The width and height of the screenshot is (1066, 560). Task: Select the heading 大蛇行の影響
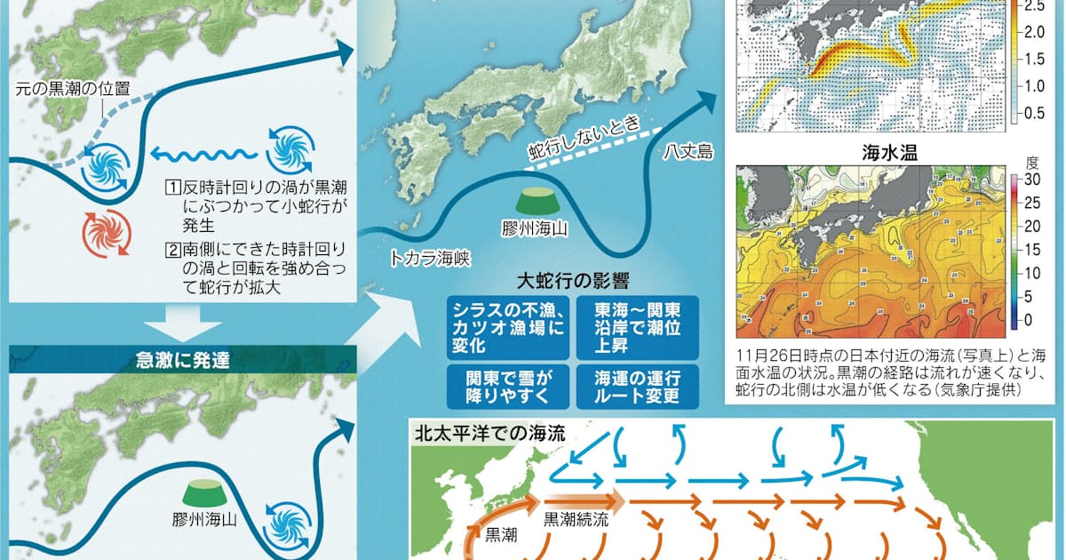[573, 282]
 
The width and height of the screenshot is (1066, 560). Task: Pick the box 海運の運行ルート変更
[636, 386]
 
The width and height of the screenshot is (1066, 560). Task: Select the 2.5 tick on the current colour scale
[1035, 6]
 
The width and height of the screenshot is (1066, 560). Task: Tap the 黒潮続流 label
[577, 521]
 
